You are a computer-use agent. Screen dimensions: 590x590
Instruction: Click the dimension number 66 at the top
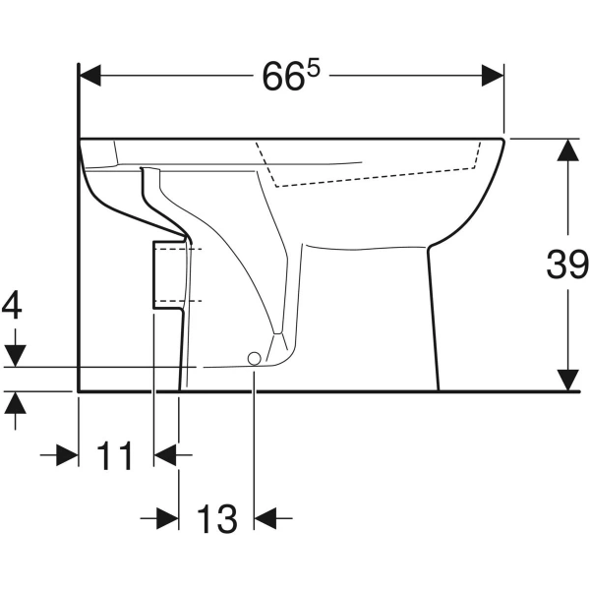(282, 77)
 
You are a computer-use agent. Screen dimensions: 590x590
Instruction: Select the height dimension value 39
(567, 264)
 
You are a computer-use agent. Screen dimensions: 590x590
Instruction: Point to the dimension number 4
(12, 305)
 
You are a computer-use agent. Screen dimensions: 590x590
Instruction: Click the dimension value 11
(114, 455)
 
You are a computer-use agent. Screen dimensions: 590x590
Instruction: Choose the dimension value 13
(217, 519)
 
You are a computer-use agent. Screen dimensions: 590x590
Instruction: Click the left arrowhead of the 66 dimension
(89, 76)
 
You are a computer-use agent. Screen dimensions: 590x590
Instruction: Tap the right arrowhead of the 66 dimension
(493, 76)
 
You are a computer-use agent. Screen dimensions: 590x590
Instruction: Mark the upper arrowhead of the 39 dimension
(567, 149)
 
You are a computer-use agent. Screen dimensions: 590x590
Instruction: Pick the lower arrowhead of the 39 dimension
(567, 380)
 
